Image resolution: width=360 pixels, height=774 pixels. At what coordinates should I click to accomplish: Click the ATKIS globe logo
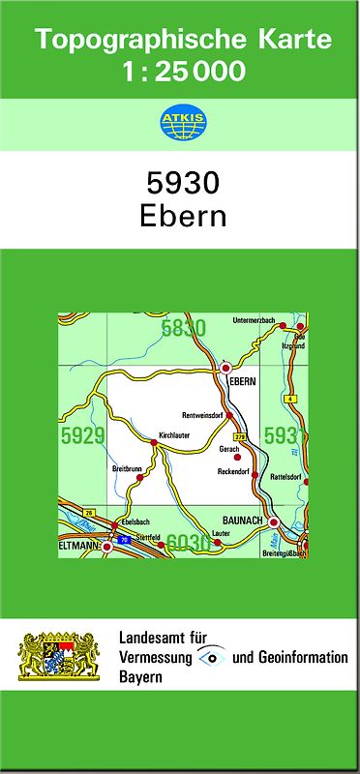(x=179, y=122)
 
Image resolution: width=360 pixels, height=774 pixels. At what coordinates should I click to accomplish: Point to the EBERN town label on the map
(x=242, y=381)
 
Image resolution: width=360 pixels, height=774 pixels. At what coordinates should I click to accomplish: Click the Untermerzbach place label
(x=255, y=320)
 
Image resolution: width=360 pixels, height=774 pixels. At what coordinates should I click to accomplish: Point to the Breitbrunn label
(x=127, y=469)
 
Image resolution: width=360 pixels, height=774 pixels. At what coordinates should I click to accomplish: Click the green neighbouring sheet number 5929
(x=81, y=436)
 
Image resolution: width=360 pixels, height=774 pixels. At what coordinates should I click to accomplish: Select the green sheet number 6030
(x=189, y=544)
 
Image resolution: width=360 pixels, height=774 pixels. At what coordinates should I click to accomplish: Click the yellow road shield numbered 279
(x=239, y=437)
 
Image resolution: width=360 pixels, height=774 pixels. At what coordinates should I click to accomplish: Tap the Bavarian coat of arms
(x=59, y=657)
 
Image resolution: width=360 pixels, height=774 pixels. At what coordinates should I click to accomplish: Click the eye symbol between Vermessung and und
(x=210, y=657)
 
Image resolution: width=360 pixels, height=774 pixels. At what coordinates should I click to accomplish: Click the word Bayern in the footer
(x=140, y=677)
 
